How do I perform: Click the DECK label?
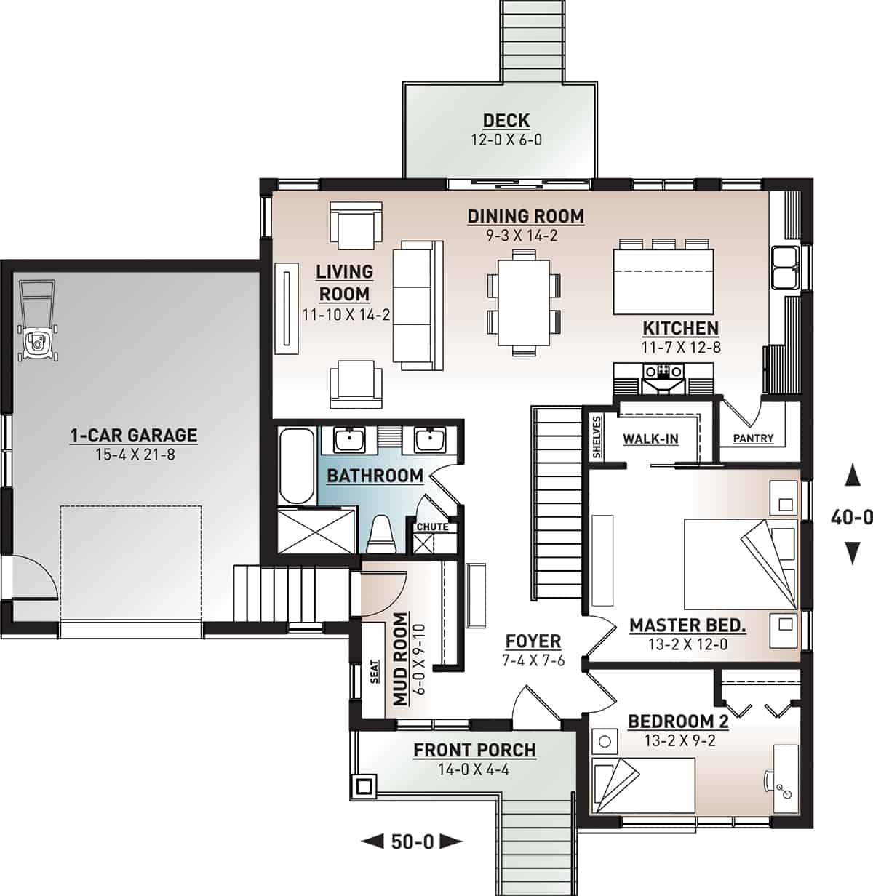point(506,121)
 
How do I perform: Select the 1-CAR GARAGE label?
point(133,436)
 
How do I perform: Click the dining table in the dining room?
point(524,301)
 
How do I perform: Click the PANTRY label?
point(753,439)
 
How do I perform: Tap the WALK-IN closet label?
point(650,439)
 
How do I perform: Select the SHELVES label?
point(597,437)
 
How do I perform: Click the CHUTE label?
point(431,527)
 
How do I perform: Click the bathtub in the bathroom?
point(296,465)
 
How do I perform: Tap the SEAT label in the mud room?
point(375,676)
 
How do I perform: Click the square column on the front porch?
point(363,785)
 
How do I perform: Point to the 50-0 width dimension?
point(412,842)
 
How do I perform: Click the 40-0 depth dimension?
point(851,517)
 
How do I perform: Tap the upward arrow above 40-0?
point(849,477)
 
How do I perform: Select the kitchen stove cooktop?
point(661,372)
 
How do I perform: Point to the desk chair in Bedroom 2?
point(770,779)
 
